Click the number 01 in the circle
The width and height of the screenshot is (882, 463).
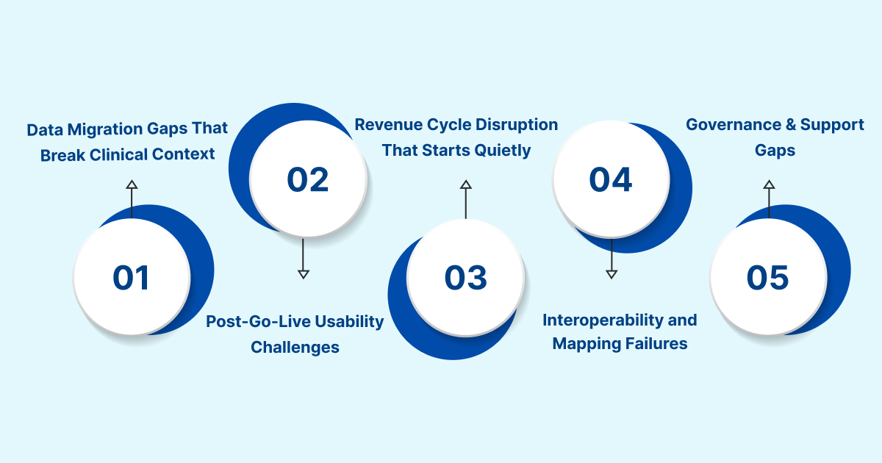pyautogui.click(x=131, y=278)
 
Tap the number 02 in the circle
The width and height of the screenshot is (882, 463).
pyautogui.click(x=307, y=179)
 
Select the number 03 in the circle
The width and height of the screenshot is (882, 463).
pyautogui.click(x=466, y=278)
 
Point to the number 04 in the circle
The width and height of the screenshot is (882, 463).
pyautogui.click(x=611, y=179)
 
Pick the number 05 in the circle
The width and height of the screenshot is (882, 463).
pyautogui.click(x=768, y=278)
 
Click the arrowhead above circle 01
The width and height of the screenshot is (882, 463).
pyautogui.click(x=132, y=184)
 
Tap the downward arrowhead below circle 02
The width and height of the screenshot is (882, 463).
pyautogui.click(x=303, y=274)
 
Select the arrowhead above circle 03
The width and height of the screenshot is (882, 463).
pyautogui.click(x=466, y=184)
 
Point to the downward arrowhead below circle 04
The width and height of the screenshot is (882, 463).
pyautogui.click(x=612, y=274)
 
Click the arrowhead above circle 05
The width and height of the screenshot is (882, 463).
pyautogui.click(x=769, y=184)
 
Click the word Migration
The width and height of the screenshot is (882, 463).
pyautogui.click(x=105, y=130)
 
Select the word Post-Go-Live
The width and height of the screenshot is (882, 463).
pyautogui.click(x=258, y=322)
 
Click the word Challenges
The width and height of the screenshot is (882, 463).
pyautogui.click(x=295, y=348)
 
